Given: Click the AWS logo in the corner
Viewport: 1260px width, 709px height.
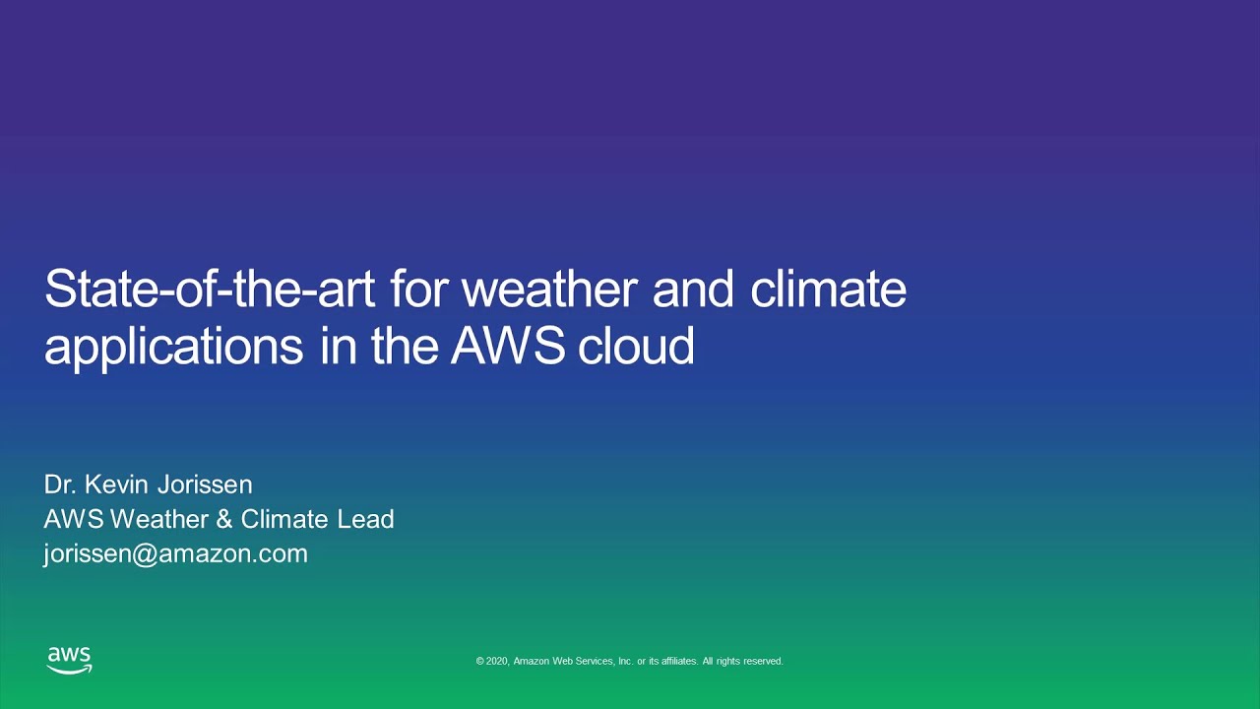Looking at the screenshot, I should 69,660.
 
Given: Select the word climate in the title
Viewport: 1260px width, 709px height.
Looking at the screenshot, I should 828,290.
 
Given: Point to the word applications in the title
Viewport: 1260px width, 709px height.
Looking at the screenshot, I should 173,347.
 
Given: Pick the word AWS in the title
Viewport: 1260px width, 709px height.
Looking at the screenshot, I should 508,347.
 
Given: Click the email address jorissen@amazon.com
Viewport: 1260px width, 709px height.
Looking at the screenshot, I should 175,553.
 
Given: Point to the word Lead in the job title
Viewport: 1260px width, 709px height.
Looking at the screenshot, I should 365,519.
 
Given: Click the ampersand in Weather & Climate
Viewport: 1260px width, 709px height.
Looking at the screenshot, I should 224,519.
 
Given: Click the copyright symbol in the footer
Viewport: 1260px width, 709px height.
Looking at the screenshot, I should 480,662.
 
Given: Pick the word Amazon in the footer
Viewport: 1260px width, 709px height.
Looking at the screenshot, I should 532,662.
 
